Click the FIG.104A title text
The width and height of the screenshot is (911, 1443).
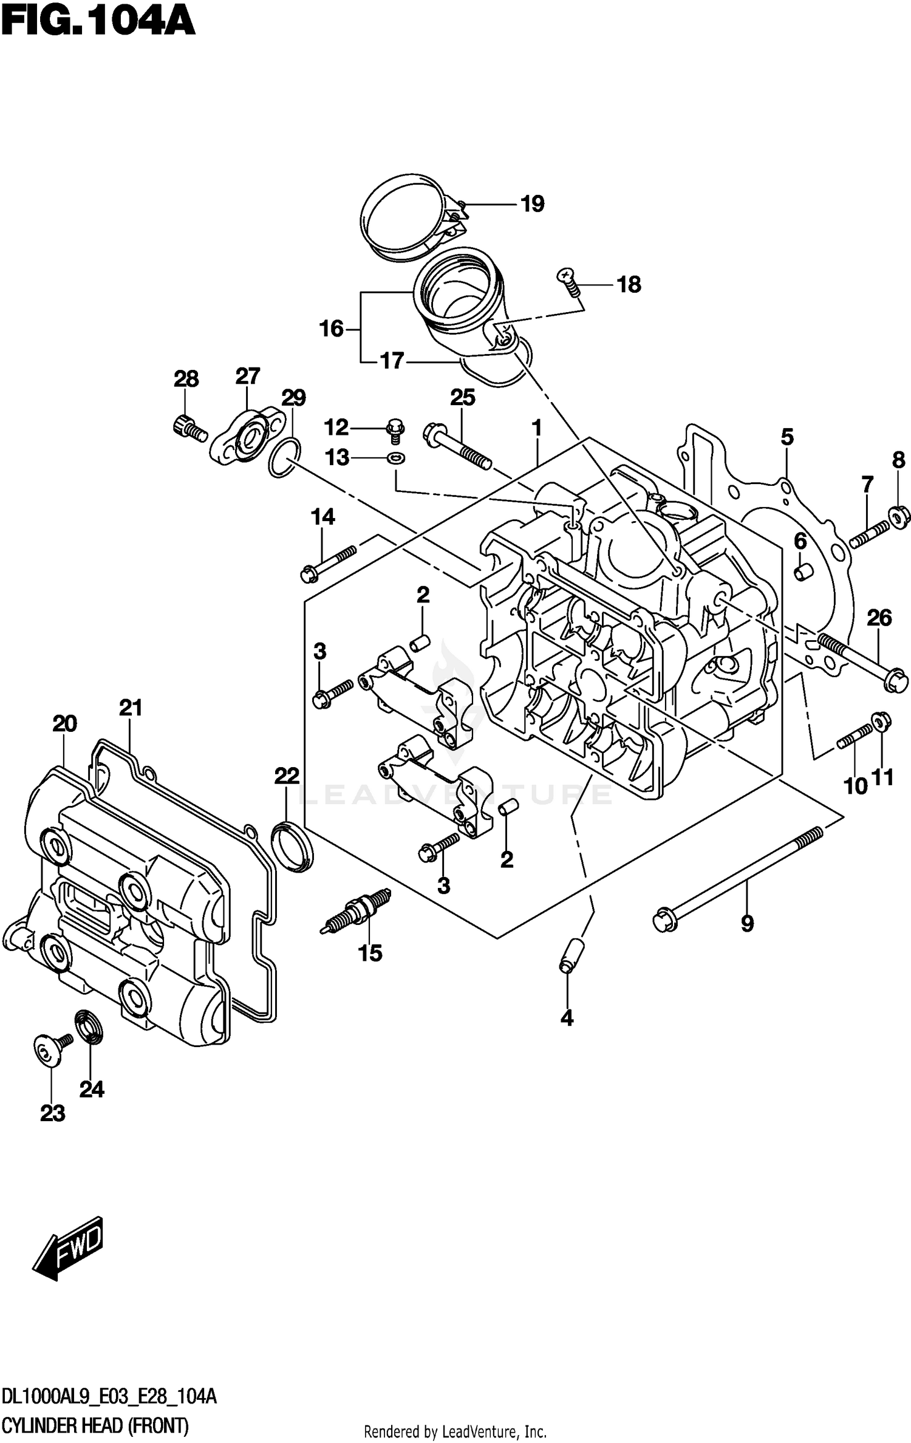[97, 22]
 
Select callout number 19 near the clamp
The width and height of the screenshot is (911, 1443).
[532, 204]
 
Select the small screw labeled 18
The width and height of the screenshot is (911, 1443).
[569, 282]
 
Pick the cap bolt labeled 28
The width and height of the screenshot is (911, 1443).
[187, 427]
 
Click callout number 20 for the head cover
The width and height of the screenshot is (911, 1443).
[64, 724]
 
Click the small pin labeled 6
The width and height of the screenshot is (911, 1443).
[803, 571]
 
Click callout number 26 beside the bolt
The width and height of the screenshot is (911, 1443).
[879, 618]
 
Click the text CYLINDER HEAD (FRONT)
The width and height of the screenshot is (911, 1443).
[95, 1425]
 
